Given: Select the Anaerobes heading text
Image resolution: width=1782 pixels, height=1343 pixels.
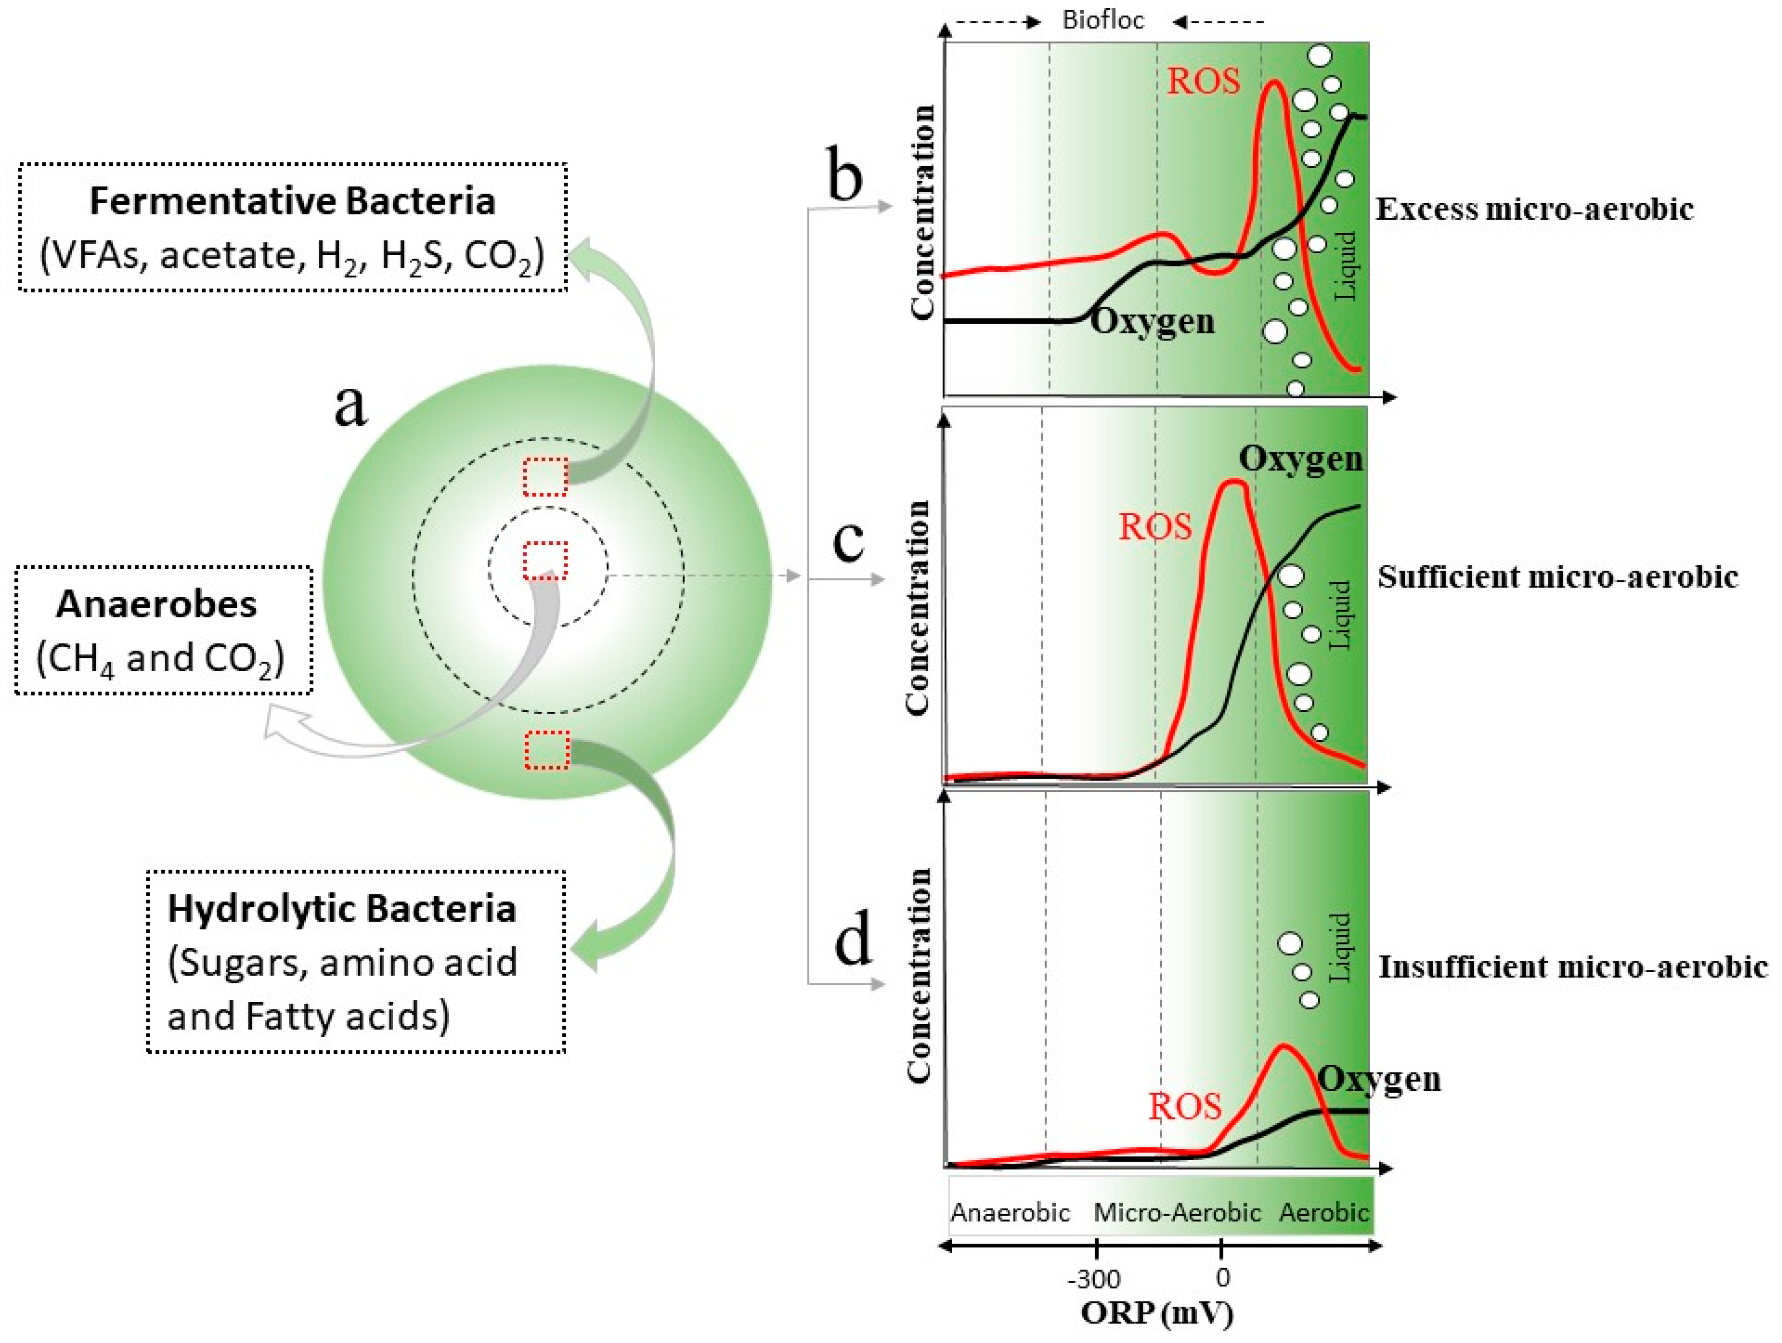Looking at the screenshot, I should tap(157, 604).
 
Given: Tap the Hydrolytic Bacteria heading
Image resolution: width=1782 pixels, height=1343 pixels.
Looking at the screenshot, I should tap(342, 909).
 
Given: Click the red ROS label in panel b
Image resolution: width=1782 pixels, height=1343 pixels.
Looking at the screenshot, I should tap(1204, 81).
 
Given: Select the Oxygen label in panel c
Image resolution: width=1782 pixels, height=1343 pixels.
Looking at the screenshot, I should tap(1300, 458).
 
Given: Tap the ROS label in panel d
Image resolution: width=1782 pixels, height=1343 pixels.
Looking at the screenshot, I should tap(1184, 1106).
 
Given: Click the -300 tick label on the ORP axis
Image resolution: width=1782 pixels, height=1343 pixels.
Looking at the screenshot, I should tap(1094, 1278).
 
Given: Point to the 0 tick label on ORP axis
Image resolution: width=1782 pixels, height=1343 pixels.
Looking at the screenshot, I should tap(1222, 1277).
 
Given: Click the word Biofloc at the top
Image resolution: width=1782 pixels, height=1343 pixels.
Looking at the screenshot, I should tap(1103, 20).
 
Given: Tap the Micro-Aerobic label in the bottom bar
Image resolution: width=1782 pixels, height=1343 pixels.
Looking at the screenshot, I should tap(1177, 1212).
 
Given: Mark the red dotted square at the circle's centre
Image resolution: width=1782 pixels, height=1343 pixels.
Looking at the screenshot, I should tap(545, 561).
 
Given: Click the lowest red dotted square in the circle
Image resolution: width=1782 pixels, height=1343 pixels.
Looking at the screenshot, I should tap(547, 750).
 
